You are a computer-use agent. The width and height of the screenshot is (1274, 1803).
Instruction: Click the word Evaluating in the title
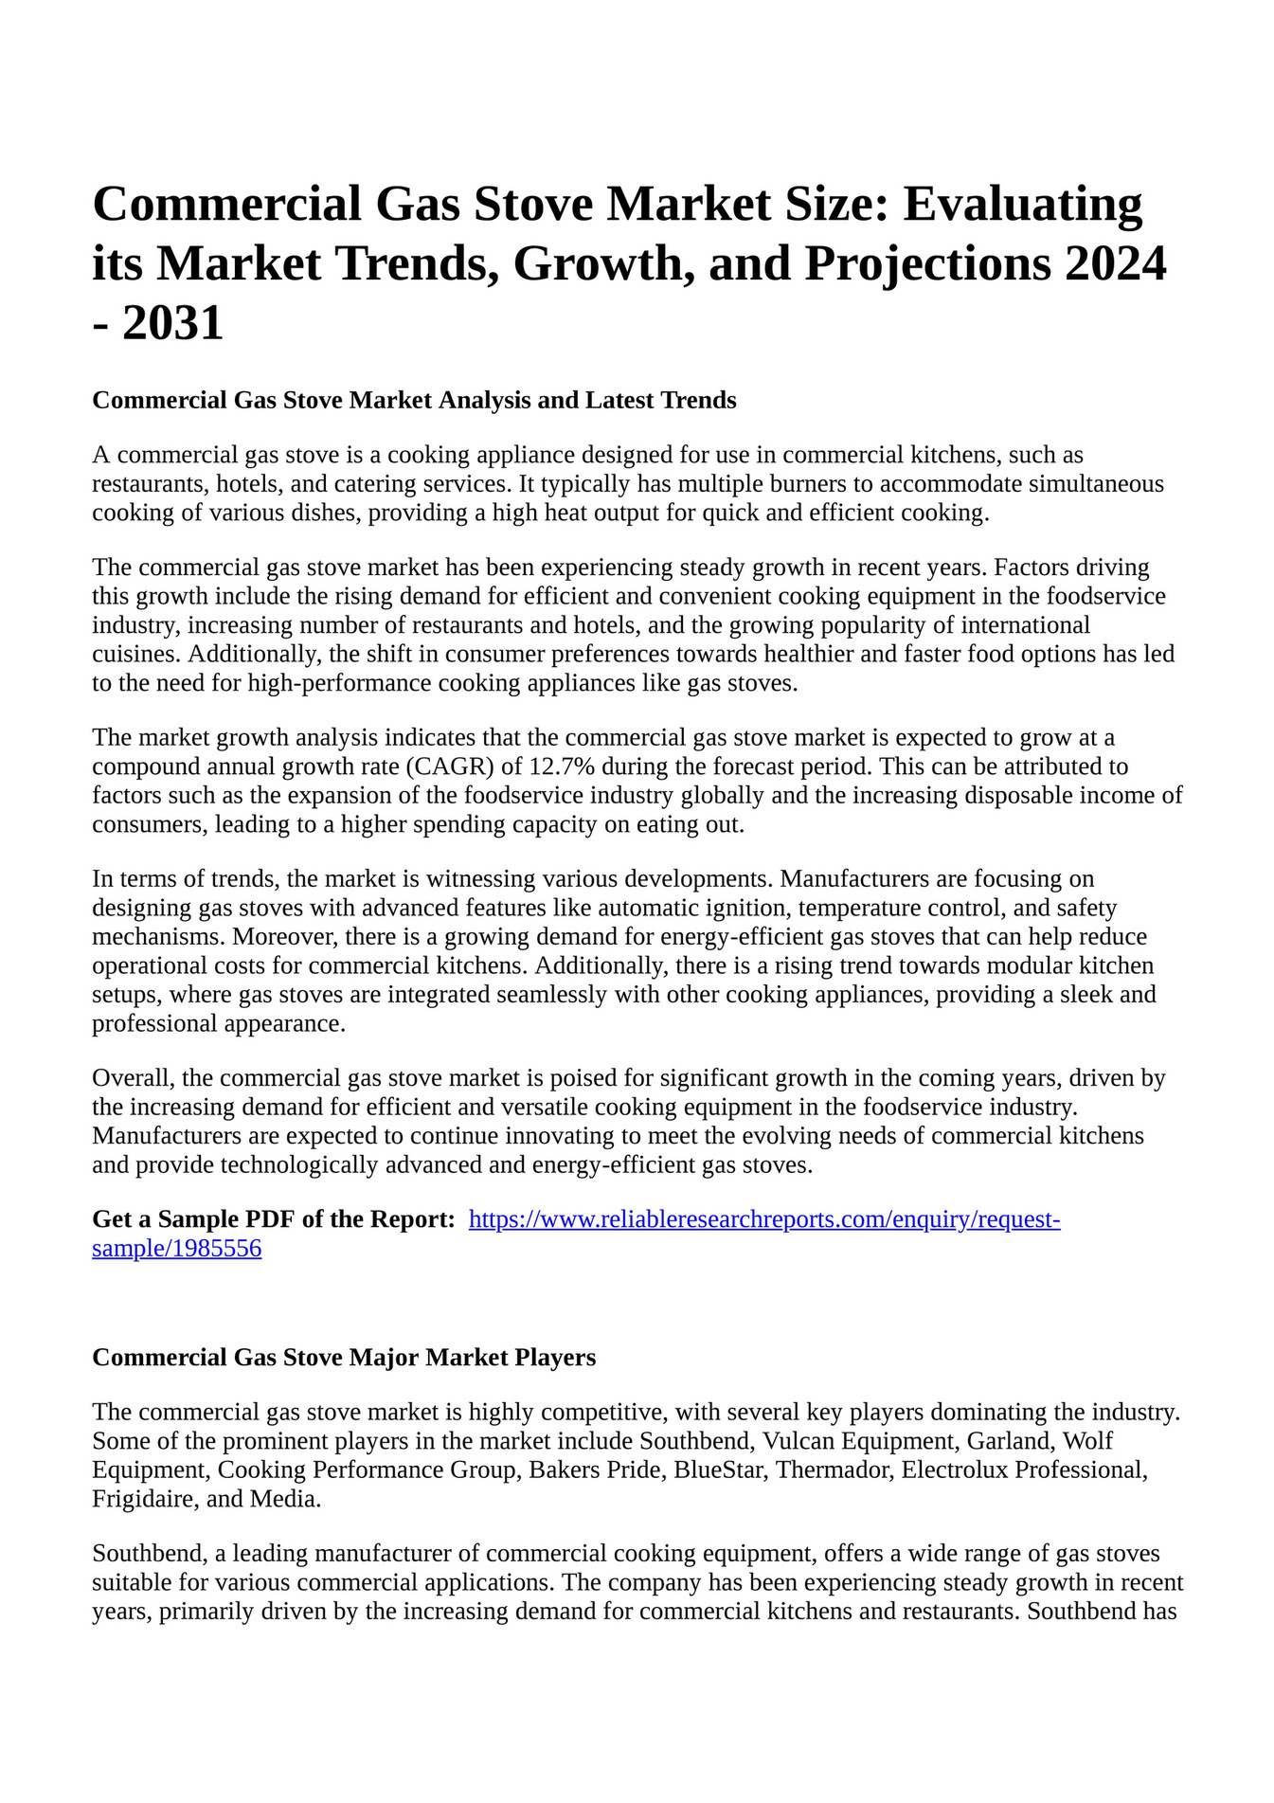point(1022,205)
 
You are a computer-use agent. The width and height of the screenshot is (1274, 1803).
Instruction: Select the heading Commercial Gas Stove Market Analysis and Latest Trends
point(414,401)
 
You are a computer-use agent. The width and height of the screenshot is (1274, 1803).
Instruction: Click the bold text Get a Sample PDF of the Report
point(274,1219)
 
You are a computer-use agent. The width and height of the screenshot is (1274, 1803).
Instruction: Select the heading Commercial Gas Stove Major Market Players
point(344,1358)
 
